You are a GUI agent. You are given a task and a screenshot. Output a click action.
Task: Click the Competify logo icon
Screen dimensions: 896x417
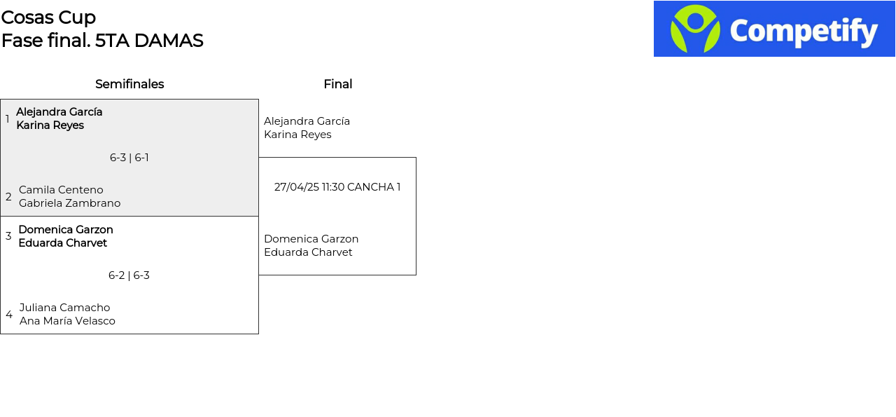(x=695, y=29)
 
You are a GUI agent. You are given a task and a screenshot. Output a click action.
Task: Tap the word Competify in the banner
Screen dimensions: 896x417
(x=804, y=32)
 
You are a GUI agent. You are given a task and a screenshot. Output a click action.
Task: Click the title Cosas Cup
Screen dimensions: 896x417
(x=48, y=18)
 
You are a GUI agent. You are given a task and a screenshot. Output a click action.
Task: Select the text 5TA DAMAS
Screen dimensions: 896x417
(x=149, y=41)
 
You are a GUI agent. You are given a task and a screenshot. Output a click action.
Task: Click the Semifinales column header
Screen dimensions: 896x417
(x=129, y=84)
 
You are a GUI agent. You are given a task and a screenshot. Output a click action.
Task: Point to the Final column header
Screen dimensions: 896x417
(x=338, y=84)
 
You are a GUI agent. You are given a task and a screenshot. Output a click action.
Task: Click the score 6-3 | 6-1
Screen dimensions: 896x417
(x=129, y=158)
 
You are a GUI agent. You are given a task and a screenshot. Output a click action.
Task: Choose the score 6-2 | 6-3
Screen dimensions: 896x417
(x=129, y=275)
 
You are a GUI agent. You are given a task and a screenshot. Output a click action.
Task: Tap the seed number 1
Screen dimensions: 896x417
(x=7, y=119)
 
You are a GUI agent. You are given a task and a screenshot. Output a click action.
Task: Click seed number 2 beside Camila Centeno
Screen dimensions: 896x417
(x=8, y=197)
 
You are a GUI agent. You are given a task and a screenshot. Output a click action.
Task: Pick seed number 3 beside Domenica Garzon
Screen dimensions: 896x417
(x=8, y=236)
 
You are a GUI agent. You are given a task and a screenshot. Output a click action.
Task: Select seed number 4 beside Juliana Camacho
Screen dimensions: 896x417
(x=9, y=315)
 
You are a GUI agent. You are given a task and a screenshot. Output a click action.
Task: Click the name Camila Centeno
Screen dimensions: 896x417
(x=61, y=190)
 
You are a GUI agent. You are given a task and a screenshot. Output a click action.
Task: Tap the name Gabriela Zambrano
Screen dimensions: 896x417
(x=69, y=203)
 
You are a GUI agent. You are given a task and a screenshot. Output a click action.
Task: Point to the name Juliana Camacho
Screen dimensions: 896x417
(x=65, y=308)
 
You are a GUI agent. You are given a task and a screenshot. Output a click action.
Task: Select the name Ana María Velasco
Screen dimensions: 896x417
(x=67, y=321)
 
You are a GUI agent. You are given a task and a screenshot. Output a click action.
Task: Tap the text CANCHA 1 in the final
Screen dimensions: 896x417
(x=374, y=187)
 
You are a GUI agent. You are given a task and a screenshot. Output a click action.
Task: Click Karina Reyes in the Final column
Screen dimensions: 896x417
(x=297, y=135)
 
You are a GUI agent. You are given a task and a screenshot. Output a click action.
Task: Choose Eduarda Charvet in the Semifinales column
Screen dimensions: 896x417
(x=63, y=243)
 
